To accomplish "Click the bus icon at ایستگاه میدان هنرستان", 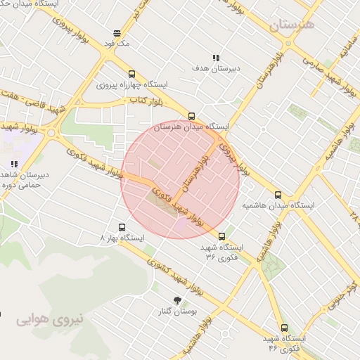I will coord(191,116).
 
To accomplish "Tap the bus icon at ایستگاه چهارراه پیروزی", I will coord(131,74).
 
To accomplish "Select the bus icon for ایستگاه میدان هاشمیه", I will coord(278,195).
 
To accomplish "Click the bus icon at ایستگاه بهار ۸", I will coord(122,227).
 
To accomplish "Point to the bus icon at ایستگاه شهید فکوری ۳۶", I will coord(222,236).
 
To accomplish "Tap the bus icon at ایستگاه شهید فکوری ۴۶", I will coord(284,328).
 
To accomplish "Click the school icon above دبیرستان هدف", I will coord(215,58).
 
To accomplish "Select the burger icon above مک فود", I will coord(117,32).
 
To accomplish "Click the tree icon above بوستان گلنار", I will coord(177,300).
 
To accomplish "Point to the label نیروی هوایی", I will coord(50,319).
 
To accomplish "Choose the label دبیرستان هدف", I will coord(216,68).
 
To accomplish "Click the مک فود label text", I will coord(117,43).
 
